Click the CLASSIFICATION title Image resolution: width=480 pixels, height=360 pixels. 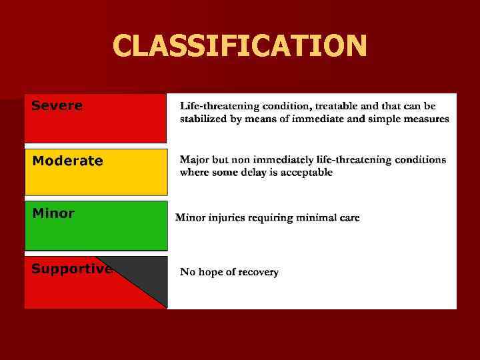pyautogui.click(x=239, y=46)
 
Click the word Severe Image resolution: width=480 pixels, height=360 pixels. pyautogui.click(x=57, y=105)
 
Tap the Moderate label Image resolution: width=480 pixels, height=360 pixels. pyautogui.click(x=67, y=161)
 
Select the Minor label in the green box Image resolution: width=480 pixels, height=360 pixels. pyautogui.click(x=53, y=213)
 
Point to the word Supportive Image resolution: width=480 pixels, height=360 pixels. pyautogui.click(x=71, y=269)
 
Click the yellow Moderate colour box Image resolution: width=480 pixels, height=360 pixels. pyautogui.click(x=95, y=180)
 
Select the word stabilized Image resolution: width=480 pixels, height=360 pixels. pyautogui.click(x=204, y=119)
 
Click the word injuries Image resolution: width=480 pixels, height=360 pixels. pyautogui.click(x=230, y=218)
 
